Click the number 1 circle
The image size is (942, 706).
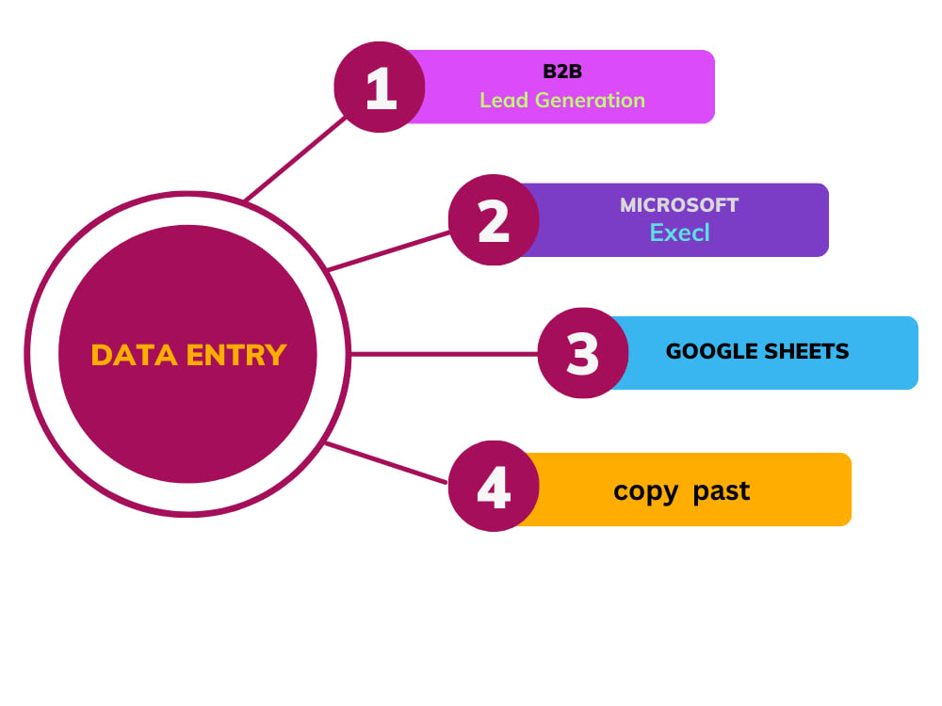[380, 87]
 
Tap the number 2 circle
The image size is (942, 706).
[494, 219]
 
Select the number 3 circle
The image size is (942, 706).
[583, 353]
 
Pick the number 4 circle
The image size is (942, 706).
[494, 487]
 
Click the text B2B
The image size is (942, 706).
[562, 72]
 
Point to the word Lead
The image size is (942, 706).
[503, 101]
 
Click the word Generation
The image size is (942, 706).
[590, 101]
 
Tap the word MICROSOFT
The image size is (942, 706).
[679, 205]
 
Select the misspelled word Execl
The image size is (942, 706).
[679, 233]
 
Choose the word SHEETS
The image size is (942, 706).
[802, 351]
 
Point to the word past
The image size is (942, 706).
[721, 491]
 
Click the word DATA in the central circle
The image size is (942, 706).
[135, 355]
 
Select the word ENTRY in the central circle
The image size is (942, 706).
[236, 355]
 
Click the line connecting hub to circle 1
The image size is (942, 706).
[296, 158]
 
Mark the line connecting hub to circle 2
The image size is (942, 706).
[389, 251]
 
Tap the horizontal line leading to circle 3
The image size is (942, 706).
[444, 354]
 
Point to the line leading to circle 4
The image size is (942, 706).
[386, 462]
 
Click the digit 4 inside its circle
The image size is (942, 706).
[494, 487]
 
